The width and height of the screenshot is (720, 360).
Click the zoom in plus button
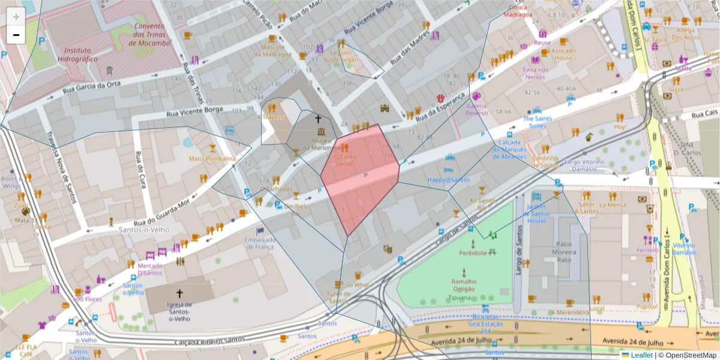pos(16,16)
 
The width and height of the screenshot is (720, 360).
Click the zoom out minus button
pos(16,35)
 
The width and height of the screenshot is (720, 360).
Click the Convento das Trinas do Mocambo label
pos(149,34)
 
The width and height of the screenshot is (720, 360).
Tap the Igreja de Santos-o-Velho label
pos(179,311)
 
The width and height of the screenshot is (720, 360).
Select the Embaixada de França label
pos(260,243)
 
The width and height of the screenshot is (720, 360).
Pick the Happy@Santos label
pos(448,179)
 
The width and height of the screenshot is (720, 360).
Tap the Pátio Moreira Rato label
pos(563,251)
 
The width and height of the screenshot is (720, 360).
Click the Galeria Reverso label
pos(477,109)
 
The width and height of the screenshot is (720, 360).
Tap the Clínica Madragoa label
pos(518,11)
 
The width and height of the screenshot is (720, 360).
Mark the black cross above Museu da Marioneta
pos(317,119)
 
